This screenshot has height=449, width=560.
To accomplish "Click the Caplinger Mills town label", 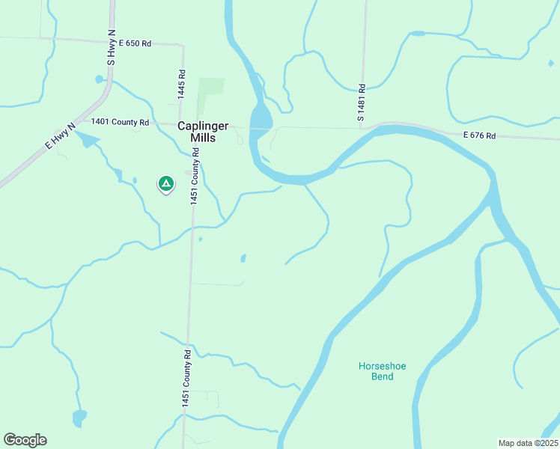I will click(203, 132).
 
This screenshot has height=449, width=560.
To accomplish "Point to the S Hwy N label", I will click(111, 48).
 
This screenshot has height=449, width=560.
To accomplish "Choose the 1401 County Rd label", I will click(120, 121).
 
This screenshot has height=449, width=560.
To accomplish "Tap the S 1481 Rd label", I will click(360, 103).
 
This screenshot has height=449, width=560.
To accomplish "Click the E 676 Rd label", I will click(480, 135).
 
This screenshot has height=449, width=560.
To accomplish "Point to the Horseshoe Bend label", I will click(376, 371).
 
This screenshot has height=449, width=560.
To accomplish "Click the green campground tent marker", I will click(165, 183).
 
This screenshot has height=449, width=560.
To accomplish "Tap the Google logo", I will click(25, 440).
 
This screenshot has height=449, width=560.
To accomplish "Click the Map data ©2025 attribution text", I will click(527, 442).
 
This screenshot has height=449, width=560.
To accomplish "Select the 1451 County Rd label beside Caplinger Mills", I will click(195, 176).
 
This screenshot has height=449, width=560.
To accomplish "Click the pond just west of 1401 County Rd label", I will click(86, 139).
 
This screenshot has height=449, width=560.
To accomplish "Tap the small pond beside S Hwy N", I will click(98, 79).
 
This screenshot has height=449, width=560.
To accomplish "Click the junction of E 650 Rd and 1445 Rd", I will click(183, 44).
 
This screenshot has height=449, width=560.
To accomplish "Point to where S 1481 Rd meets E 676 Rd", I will click(361, 128).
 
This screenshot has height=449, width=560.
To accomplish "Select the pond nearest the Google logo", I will click(79, 415).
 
